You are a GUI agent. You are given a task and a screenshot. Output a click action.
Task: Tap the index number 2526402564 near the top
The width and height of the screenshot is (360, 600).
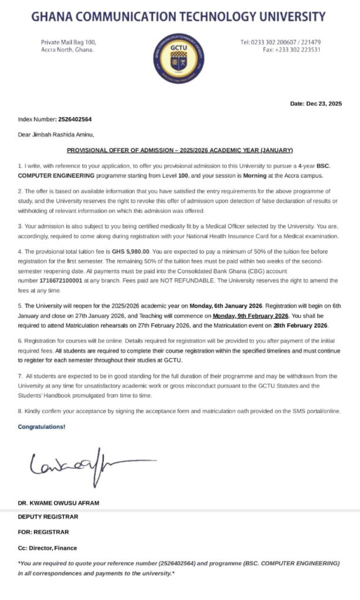coord(75,119)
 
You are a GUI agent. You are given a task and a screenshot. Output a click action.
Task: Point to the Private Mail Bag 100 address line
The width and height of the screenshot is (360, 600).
coord(69,42)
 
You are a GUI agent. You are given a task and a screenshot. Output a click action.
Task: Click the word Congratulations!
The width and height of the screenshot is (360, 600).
coord(42,427)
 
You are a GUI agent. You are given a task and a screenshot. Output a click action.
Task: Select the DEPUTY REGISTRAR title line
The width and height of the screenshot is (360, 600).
coord(47,517)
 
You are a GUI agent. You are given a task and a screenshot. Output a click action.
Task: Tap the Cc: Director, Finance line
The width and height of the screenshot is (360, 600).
coord(47,548)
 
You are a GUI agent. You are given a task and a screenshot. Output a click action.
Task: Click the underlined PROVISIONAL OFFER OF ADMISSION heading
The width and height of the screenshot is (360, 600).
coord(179,150)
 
